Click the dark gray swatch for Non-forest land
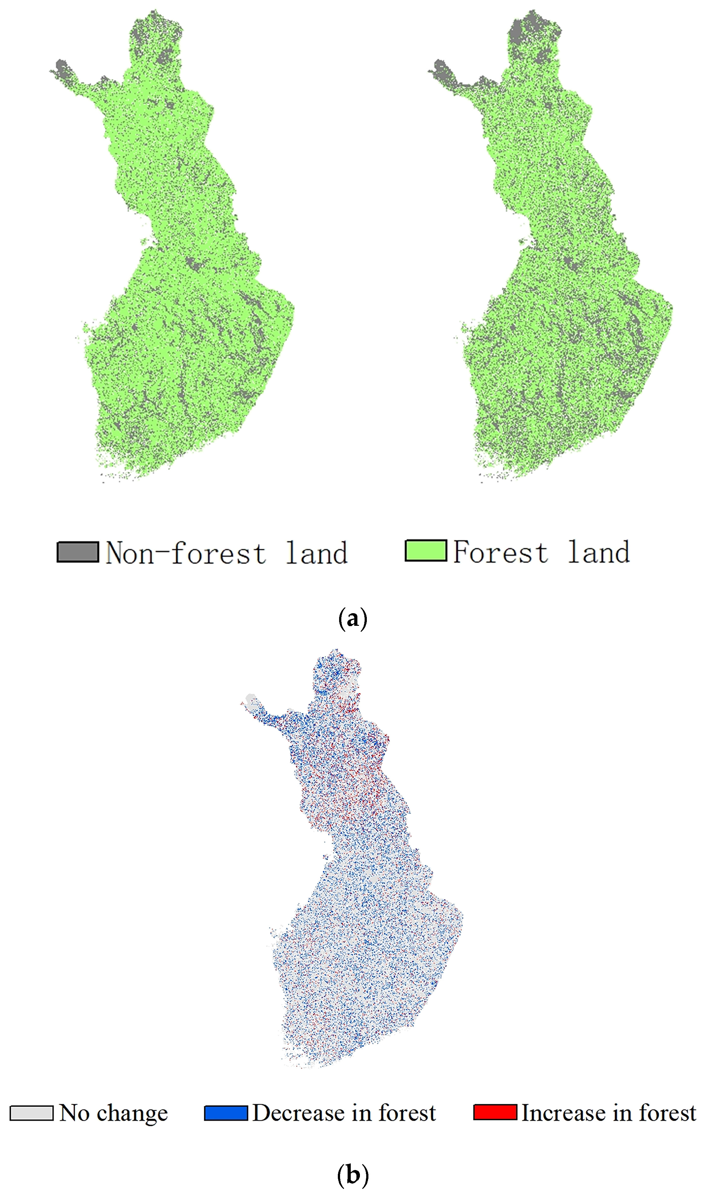coord(78,552)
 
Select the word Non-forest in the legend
coord(185,553)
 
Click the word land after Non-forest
coord(316,553)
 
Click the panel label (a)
coord(352,619)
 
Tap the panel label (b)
coord(352,1175)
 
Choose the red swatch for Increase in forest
coord(495,1112)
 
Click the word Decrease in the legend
coord(299,1113)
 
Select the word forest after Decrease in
coord(407,1113)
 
